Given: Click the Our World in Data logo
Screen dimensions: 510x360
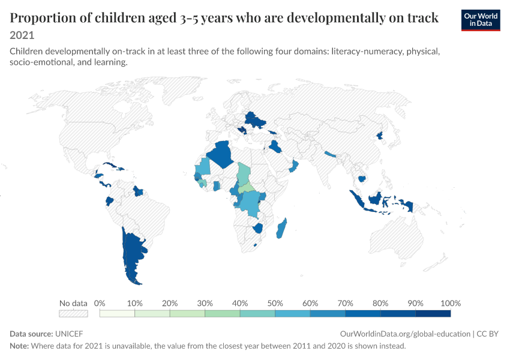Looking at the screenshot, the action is (x=481, y=20).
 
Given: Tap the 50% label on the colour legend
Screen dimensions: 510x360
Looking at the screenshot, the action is (x=275, y=304).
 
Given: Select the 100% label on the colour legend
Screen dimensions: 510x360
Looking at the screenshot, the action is (x=451, y=304).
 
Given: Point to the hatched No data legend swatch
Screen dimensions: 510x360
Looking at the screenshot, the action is (x=73, y=313).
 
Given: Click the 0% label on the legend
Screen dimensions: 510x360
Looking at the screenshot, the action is (x=100, y=304).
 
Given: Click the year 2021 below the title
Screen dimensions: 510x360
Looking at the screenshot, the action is (x=22, y=35).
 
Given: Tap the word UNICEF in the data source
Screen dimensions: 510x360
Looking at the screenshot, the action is (x=69, y=334).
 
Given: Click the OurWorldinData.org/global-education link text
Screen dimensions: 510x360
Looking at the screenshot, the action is (x=405, y=334).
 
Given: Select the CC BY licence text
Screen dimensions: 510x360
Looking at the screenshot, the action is (x=487, y=334).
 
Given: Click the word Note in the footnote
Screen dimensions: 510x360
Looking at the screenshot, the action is (x=19, y=346).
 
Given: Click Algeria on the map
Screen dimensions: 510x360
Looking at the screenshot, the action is (x=221, y=154).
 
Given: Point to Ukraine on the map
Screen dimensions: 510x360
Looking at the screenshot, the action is (x=256, y=120).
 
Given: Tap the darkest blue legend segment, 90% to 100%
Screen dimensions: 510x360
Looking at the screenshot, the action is (x=433, y=313).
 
